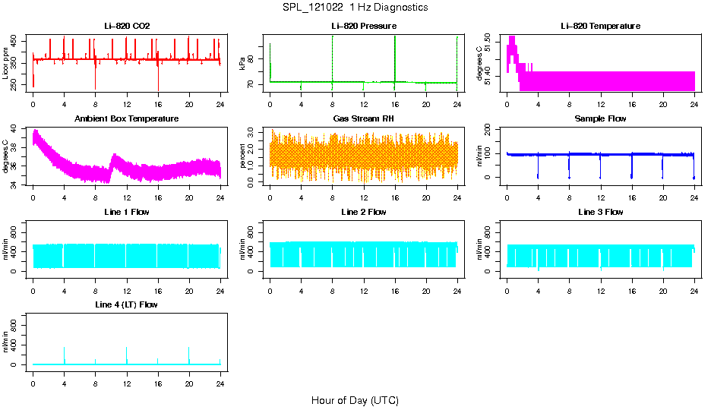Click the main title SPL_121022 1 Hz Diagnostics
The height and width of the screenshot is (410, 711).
(355, 8)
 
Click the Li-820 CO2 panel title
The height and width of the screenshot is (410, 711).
(127, 27)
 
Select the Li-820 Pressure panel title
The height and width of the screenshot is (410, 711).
(364, 27)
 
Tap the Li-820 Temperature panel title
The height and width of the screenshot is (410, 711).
(600, 27)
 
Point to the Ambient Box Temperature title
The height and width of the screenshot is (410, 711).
(127, 119)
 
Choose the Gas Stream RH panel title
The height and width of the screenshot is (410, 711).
(364, 119)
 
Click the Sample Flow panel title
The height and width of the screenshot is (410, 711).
(600, 119)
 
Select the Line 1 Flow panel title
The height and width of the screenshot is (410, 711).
(127, 212)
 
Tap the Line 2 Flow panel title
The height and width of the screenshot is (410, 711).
(364, 212)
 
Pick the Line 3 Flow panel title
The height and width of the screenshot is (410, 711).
(600, 212)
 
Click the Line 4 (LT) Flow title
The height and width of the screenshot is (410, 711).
(127, 304)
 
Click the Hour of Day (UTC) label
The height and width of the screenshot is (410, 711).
(355, 400)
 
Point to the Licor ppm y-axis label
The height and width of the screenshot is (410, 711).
(6, 63)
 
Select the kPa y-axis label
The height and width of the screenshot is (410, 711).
(243, 63)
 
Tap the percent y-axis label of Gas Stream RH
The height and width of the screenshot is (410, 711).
(243, 156)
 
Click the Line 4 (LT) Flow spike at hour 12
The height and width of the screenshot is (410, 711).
(127, 349)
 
